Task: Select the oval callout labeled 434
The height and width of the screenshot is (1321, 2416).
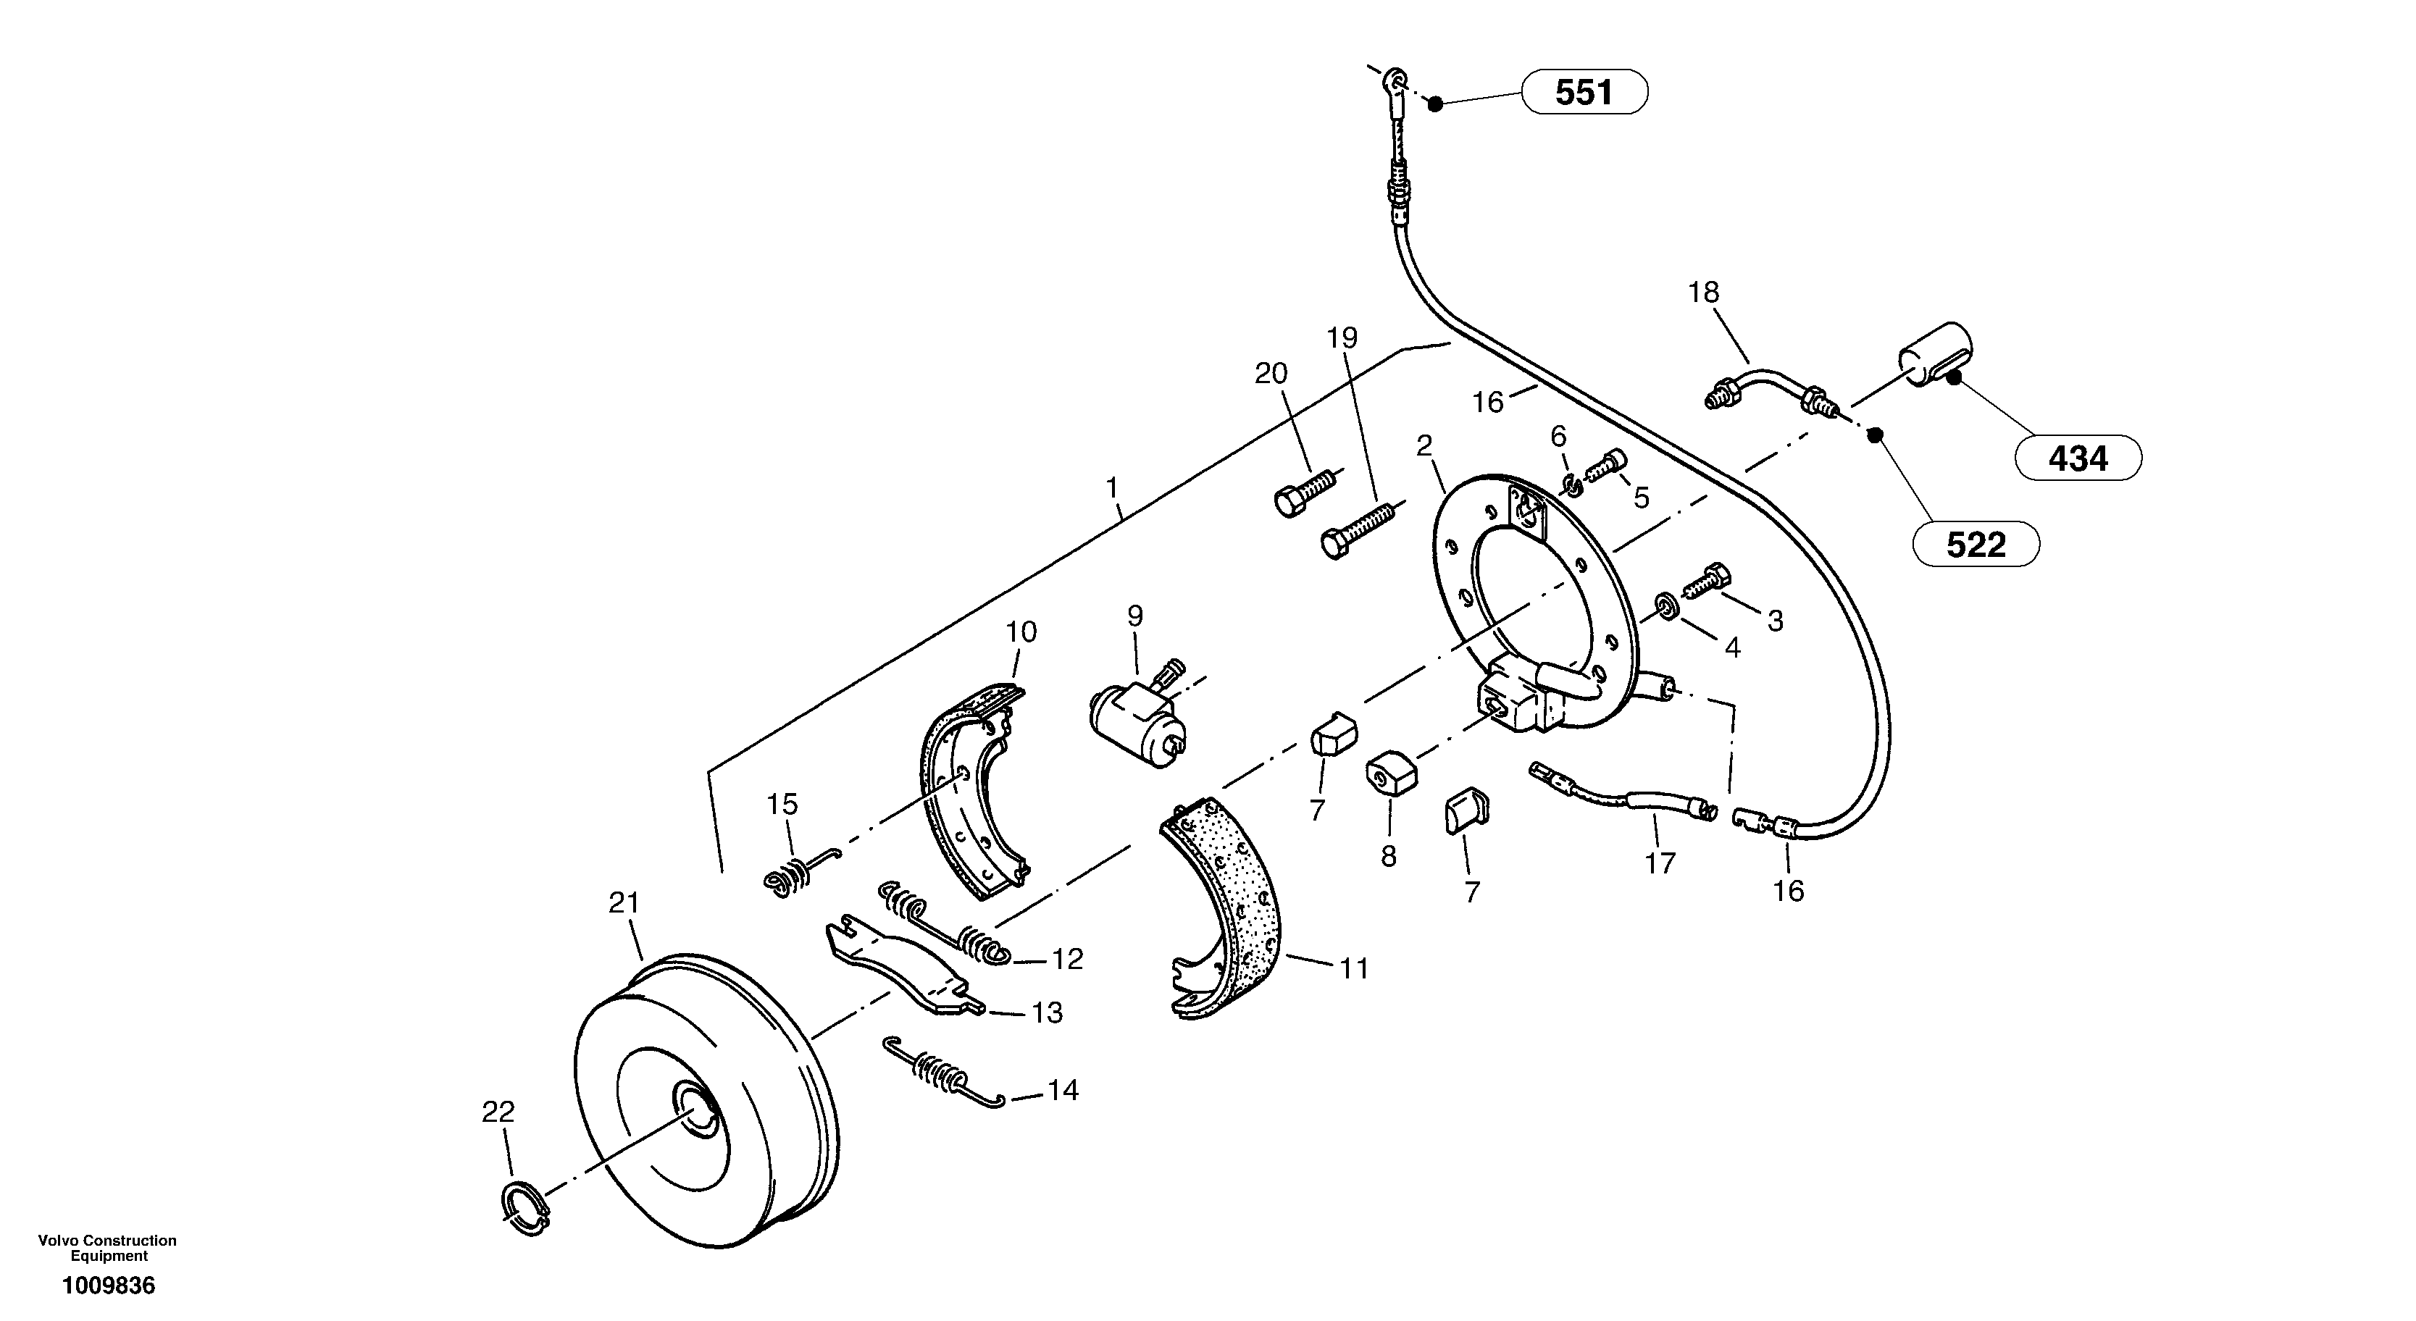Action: (2078, 458)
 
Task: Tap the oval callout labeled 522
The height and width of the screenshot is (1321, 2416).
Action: (1976, 545)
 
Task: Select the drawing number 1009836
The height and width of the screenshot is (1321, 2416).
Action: (108, 1286)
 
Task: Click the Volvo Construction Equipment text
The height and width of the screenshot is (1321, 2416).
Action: (107, 1248)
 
